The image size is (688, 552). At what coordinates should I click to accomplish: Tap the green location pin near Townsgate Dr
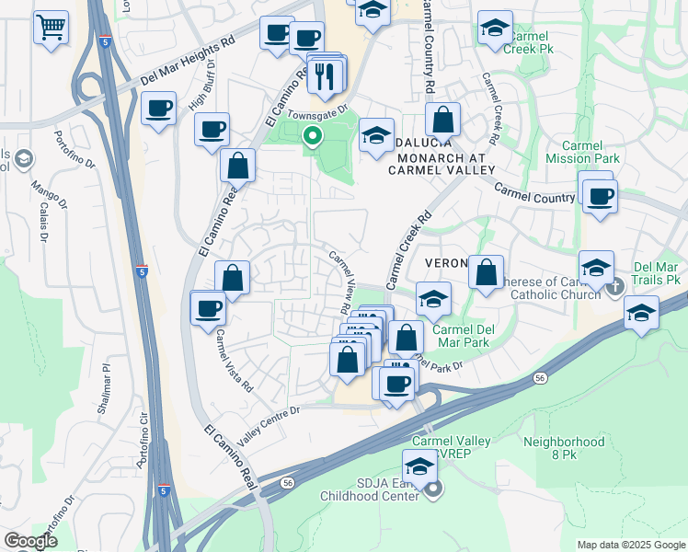pos(313,138)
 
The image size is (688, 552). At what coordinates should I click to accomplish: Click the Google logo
pos(30,541)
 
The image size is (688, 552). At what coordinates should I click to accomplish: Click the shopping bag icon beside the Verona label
pos(486,273)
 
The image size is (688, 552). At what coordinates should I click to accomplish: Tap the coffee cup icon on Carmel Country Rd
pos(600,196)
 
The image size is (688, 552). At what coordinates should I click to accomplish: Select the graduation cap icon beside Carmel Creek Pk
pos(495,29)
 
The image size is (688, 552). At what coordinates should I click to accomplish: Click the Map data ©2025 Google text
pos(631,545)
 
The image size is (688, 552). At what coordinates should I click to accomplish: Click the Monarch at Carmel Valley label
pos(441,163)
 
